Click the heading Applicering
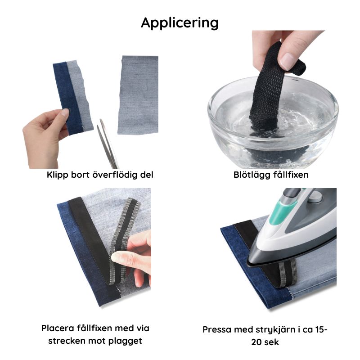(180, 23)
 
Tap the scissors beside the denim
(108, 144)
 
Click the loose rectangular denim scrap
(138, 95)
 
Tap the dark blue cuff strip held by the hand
(68, 98)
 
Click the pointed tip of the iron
(247, 265)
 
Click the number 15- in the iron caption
(321, 329)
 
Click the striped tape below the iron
(288, 274)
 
